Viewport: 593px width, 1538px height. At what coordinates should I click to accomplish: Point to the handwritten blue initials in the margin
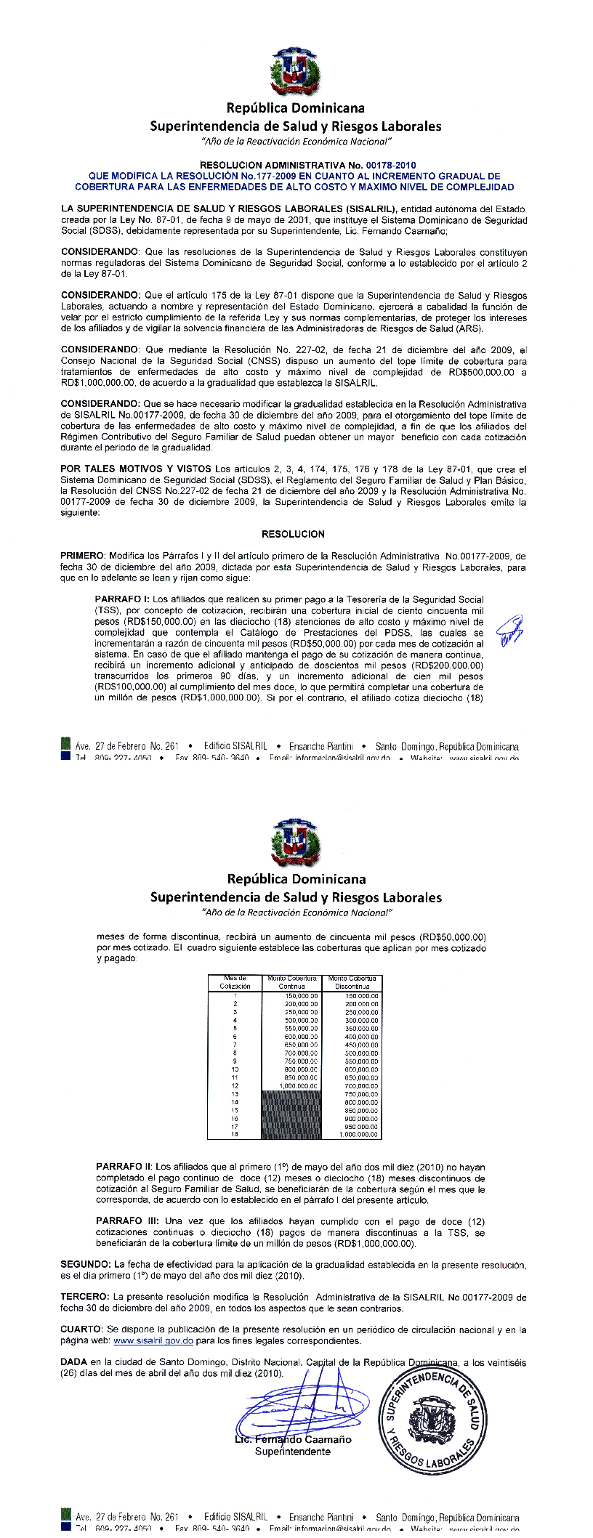[x=509, y=628]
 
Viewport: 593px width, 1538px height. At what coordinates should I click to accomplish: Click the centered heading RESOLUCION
[x=293, y=534]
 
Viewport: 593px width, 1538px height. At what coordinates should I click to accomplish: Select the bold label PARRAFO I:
[x=123, y=599]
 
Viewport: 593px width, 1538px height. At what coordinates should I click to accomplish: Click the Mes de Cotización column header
[x=235, y=982]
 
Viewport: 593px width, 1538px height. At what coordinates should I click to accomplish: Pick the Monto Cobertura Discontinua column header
[x=352, y=982]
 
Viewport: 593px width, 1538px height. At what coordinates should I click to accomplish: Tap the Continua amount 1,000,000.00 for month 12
[x=299, y=1085]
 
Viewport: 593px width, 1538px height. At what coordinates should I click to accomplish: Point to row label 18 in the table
[x=235, y=1134]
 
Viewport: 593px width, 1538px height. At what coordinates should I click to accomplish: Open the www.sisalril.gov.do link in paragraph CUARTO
[x=153, y=1341]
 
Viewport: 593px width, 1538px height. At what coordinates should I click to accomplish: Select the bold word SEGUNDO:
[x=86, y=1265]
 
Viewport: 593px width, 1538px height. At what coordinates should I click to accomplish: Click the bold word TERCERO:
[x=86, y=1297]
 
